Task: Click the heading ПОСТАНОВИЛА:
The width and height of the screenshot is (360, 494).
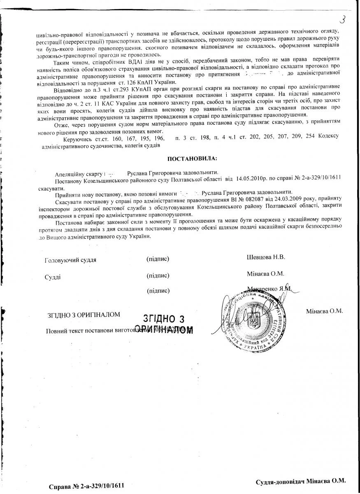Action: (x=191, y=158)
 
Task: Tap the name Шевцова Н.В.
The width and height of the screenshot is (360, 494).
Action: (x=266, y=257)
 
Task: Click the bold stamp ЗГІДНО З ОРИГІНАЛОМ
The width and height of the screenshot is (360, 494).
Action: (x=164, y=324)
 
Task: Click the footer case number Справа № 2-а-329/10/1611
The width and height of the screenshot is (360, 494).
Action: (x=86, y=486)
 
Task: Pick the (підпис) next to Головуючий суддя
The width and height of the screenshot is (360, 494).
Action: (x=158, y=259)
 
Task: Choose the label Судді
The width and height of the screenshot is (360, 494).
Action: (x=53, y=277)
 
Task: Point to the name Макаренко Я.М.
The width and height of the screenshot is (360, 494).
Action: (x=269, y=289)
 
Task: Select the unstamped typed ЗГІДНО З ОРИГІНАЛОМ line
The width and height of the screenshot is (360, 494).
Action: (x=84, y=315)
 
